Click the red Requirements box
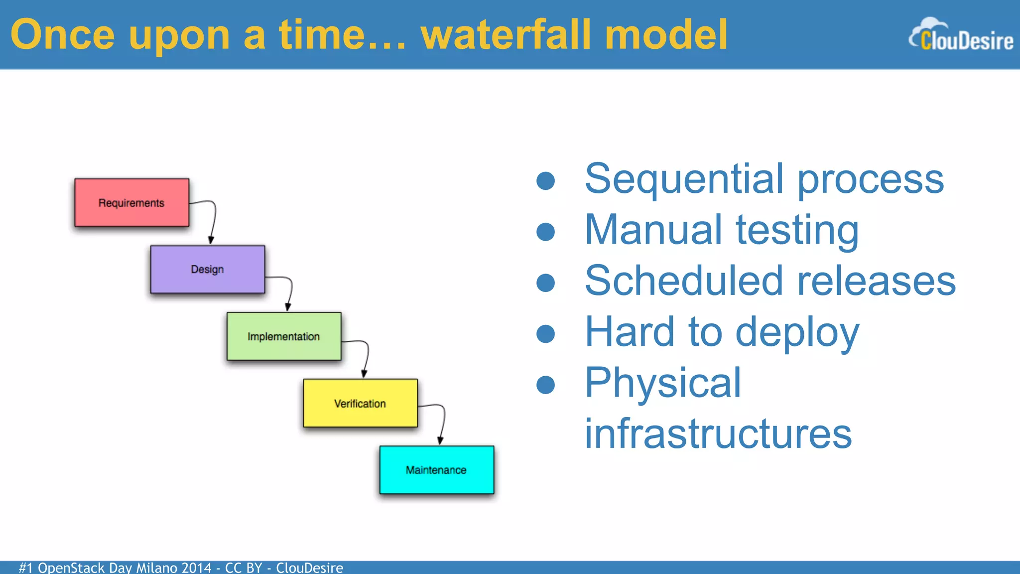click(131, 203)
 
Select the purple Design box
click(207, 269)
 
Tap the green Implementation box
click(284, 336)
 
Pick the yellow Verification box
click(360, 403)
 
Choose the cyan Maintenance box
click(436, 470)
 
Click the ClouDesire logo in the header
click(961, 36)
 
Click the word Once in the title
click(63, 35)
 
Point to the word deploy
click(797, 333)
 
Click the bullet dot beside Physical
click(546, 384)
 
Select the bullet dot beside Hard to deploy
click(546, 333)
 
